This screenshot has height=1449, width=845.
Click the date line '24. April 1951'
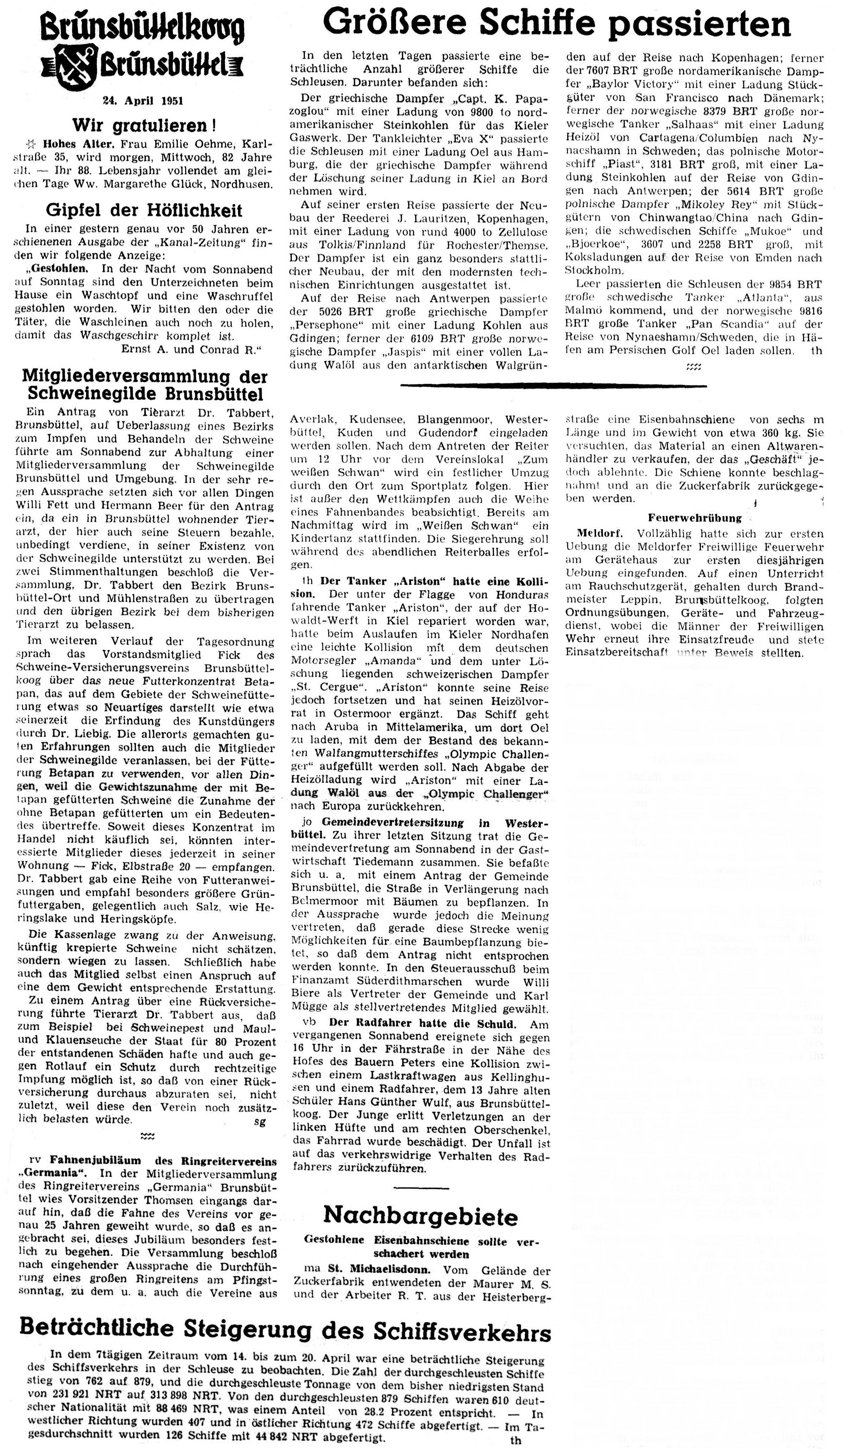pyautogui.click(x=143, y=101)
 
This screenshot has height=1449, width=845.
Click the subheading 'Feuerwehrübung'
pyautogui.click(x=694, y=517)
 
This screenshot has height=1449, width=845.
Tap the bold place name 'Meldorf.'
pyautogui.click(x=597, y=534)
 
